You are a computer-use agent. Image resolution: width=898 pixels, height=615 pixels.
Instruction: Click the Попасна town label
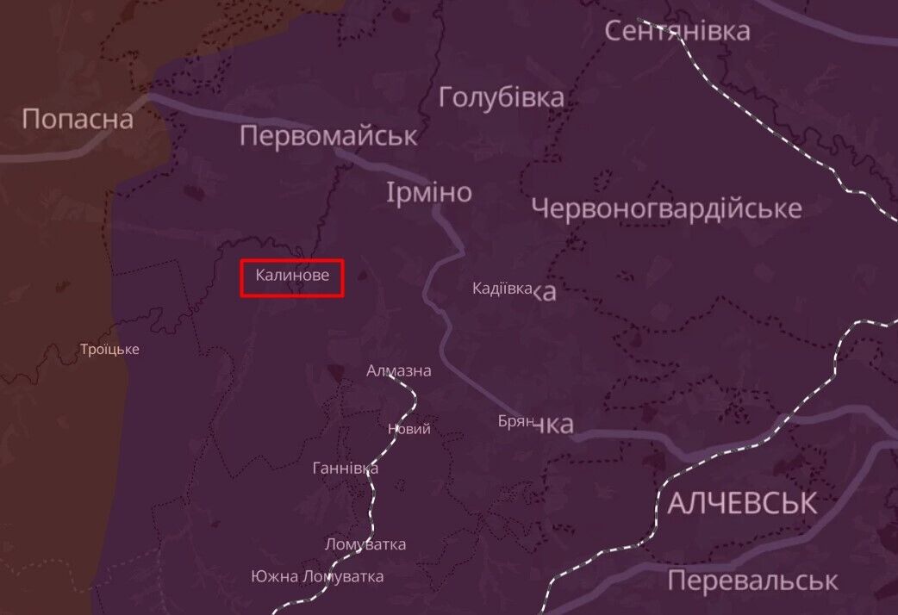(78, 119)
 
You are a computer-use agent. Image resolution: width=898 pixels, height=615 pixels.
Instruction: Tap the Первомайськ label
(328, 136)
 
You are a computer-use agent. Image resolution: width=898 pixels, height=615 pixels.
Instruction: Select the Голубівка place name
(502, 97)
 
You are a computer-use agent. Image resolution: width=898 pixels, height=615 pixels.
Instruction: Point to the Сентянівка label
(677, 31)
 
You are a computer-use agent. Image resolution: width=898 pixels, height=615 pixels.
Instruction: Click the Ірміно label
(430, 192)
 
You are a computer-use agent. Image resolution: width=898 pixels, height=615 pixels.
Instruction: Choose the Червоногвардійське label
(666, 208)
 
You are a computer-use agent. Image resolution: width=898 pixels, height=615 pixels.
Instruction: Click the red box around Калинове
(292, 278)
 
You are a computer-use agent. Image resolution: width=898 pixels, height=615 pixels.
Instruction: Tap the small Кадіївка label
(502, 289)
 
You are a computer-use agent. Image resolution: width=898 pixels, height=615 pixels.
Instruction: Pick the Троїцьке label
(109, 350)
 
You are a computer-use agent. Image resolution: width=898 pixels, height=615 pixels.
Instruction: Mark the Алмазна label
(398, 371)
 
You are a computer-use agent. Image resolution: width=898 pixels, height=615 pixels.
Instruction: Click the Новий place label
(409, 429)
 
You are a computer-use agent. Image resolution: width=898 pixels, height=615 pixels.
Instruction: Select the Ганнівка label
(345, 469)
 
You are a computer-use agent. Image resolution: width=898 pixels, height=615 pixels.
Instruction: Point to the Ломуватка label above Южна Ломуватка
(365, 544)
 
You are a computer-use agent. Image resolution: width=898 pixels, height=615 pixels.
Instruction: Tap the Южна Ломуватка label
(317, 576)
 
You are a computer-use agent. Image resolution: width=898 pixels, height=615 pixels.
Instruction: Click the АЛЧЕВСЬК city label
(741, 503)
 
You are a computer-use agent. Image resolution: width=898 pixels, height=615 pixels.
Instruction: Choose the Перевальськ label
(751, 581)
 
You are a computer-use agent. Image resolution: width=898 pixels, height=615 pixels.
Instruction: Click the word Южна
(275, 576)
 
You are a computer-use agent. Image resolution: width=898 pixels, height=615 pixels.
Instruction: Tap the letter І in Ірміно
(392, 192)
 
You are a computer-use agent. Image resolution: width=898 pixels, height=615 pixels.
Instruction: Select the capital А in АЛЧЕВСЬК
(677, 503)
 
